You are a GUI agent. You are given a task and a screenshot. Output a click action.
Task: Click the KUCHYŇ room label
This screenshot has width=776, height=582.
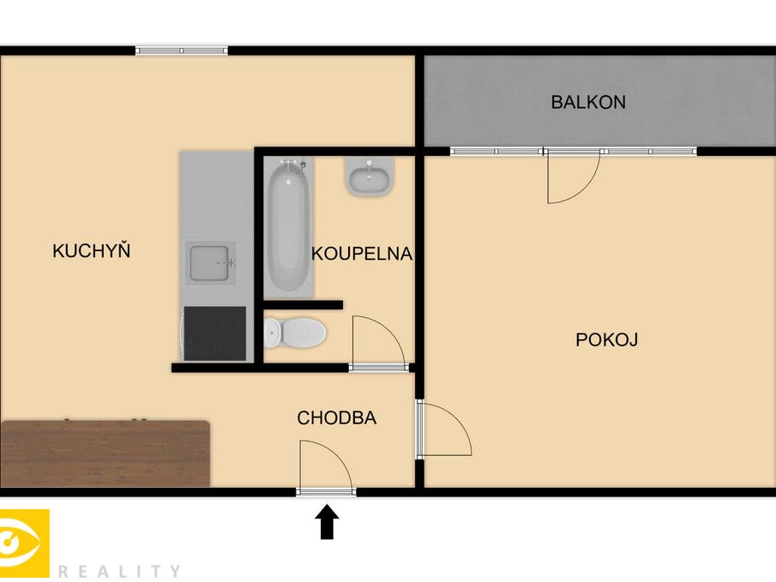(x=92, y=250)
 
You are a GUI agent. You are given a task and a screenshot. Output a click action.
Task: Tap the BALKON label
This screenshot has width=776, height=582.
(x=588, y=102)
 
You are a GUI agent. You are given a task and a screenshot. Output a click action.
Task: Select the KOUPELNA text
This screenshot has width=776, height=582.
(x=362, y=254)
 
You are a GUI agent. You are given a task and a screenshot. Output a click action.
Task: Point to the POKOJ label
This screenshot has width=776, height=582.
(x=607, y=339)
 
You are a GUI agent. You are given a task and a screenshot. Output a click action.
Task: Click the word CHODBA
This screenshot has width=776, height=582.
(x=336, y=417)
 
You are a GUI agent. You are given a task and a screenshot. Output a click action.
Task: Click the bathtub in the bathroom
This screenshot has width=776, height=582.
(x=288, y=228)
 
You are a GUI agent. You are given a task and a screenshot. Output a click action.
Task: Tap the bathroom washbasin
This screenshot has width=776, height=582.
(x=370, y=177)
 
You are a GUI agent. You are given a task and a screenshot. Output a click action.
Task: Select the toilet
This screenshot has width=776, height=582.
(x=294, y=332)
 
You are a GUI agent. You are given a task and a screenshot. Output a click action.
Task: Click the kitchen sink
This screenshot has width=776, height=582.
(x=210, y=263)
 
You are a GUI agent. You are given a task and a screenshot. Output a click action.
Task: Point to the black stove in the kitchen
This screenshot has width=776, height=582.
(x=214, y=333)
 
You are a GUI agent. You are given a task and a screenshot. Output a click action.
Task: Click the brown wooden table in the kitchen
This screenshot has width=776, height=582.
(x=105, y=453)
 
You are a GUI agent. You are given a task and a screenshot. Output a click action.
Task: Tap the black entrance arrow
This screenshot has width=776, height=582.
(x=328, y=522)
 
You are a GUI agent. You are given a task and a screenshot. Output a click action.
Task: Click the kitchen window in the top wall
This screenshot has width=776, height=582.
(x=182, y=50)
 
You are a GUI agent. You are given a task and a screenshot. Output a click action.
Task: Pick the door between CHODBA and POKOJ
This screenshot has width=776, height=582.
(x=419, y=429)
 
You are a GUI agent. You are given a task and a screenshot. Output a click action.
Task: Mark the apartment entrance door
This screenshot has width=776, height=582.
(x=326, y=491)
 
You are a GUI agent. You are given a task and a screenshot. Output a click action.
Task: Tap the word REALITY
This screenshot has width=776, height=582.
(x=119, y=572)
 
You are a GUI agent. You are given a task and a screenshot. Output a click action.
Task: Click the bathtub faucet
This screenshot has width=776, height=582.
(x=294, y=165)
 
